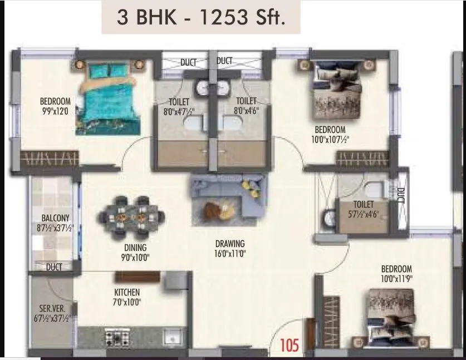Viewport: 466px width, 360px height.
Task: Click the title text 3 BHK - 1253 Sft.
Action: pos(201,17)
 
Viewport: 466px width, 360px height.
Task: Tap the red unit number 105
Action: pos(290,345)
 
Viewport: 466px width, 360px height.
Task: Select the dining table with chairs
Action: pos(132,214)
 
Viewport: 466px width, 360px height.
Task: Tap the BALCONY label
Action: pos(55,218)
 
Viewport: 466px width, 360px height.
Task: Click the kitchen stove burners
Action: pos(117,337)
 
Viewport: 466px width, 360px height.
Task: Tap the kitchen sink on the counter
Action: pos(171,337)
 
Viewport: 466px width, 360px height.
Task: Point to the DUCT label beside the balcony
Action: pos(54,267)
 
